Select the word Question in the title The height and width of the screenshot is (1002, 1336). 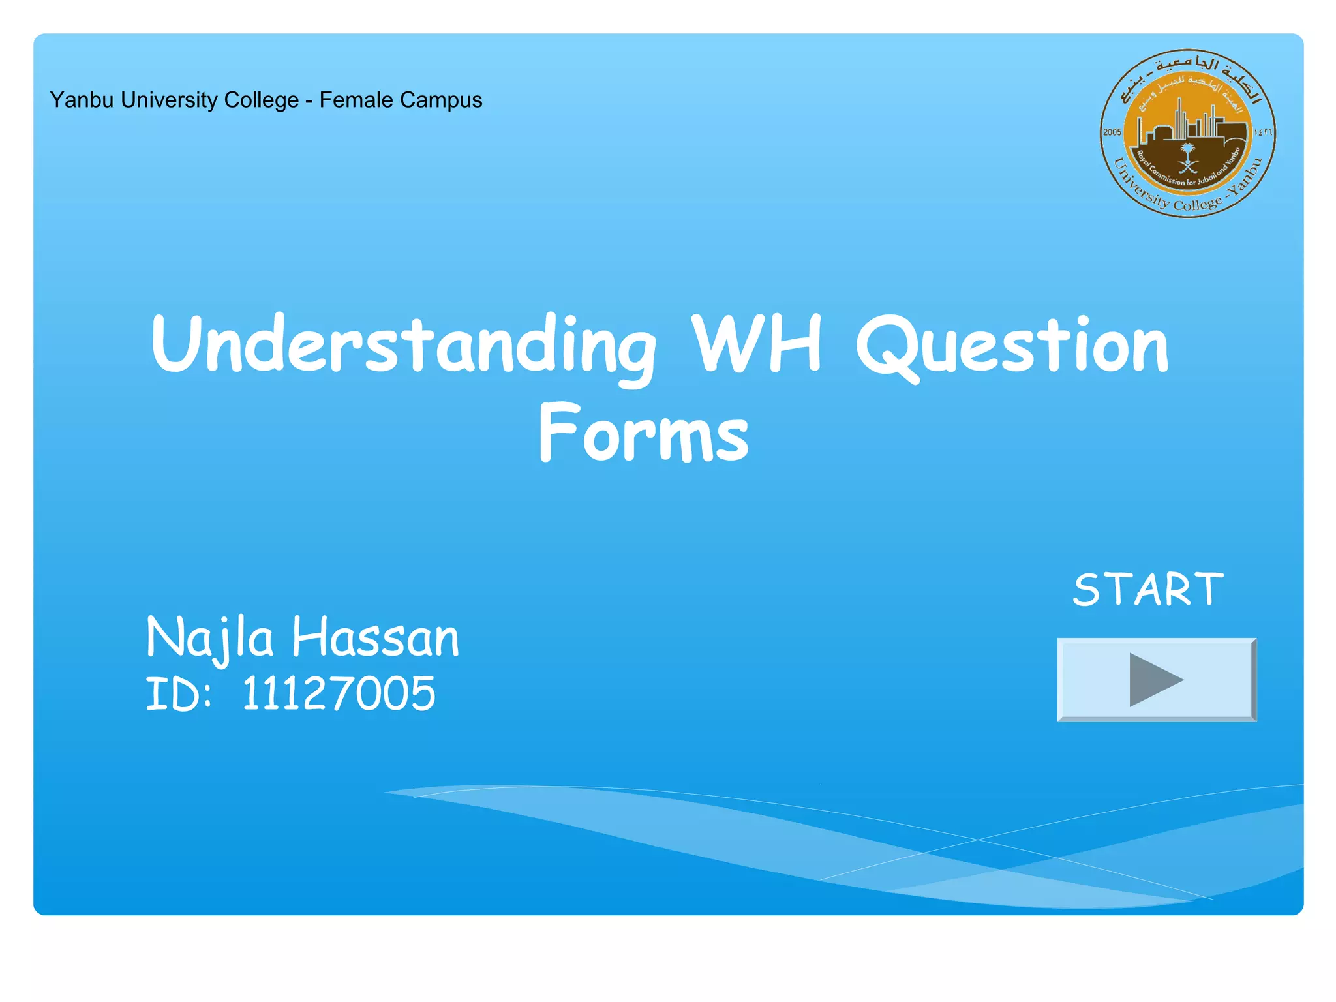(x=1012, y=346)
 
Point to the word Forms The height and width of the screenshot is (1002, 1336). (x=644, y=434)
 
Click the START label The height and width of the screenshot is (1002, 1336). (x=1148, y=590)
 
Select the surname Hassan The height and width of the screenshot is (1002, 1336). (x=376, y=638)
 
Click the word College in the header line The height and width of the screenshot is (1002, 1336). (x=261, y=100)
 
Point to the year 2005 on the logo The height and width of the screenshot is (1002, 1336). (x=1112, y=132)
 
